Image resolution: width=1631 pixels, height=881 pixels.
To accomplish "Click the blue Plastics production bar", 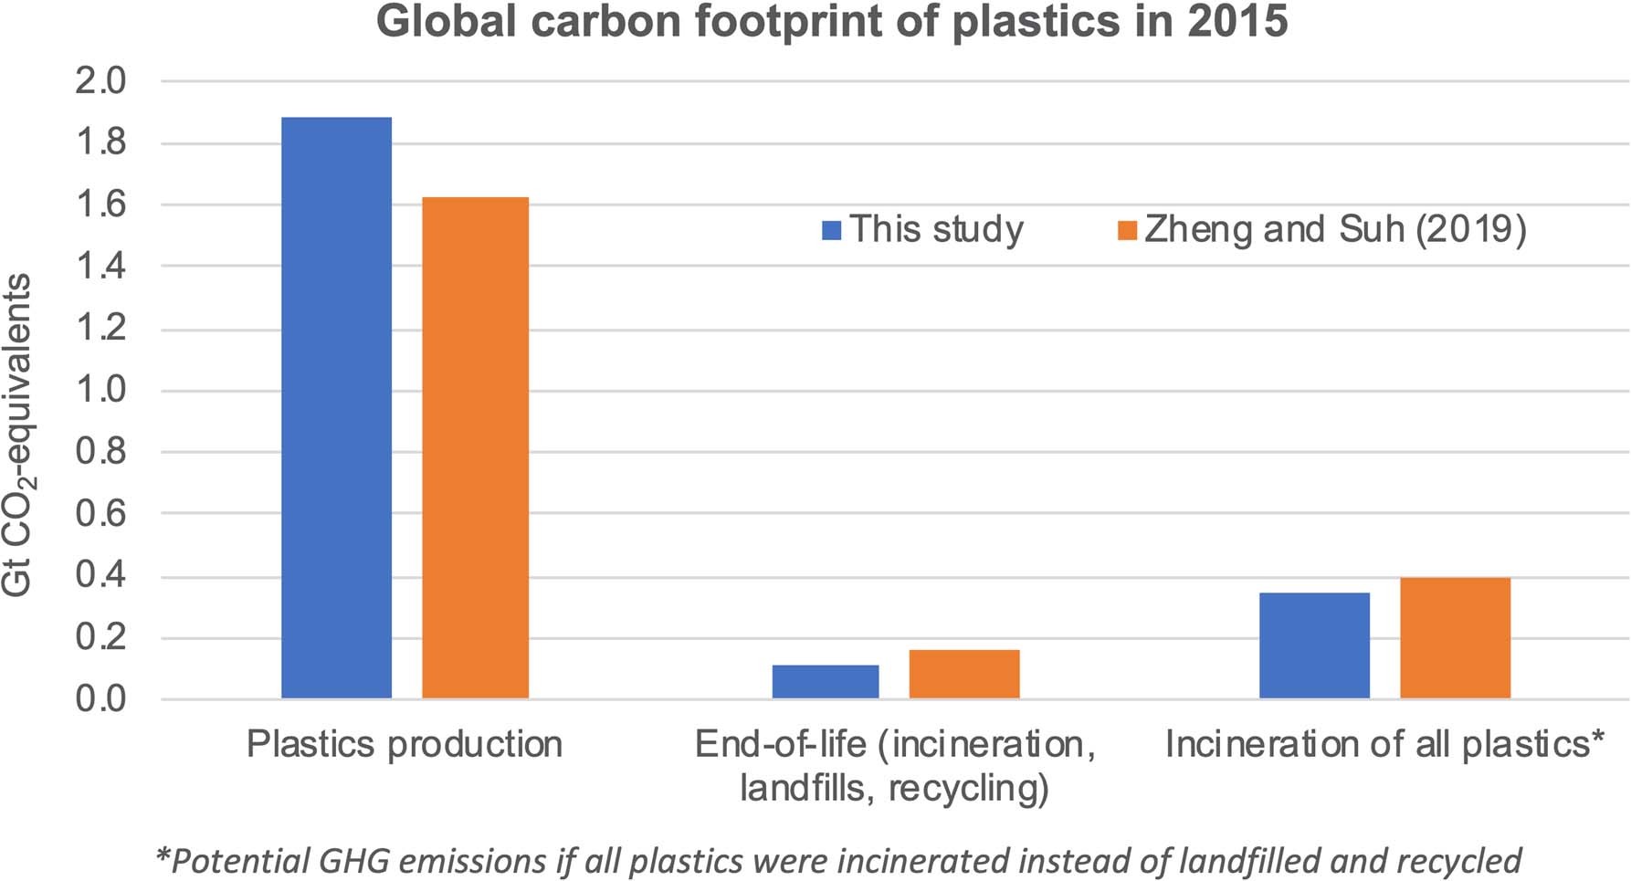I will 336,407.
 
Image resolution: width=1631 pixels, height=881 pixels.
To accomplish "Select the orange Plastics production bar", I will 475,447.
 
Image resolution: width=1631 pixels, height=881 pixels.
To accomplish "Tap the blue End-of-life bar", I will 825,682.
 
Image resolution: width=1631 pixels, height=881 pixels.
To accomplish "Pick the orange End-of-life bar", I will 963,674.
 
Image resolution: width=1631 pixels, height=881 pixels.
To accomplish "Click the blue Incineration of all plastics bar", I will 1314,645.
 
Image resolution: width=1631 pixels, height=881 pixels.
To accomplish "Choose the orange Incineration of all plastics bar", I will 1455,637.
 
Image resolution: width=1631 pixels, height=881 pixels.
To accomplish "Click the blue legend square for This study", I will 831,230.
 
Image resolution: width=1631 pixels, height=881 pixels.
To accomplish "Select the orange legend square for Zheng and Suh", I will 1127,230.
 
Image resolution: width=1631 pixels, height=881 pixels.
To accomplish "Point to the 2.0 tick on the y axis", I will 100,81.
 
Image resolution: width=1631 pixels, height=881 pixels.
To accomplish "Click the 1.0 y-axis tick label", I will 100,390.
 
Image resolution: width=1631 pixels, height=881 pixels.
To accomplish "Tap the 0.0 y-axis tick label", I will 100,699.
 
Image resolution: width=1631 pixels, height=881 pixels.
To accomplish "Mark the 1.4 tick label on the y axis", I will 100,267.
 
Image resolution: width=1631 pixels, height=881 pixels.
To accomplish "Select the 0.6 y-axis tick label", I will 100,514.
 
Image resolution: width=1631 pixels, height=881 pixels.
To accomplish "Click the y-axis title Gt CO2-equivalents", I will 16,435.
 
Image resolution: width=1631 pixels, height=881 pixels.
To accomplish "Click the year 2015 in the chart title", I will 1237,21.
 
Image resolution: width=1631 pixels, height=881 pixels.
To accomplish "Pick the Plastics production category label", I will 405,744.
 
